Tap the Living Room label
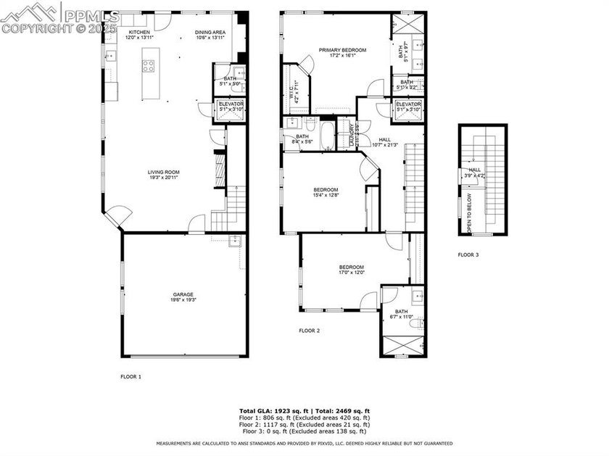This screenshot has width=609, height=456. click(x=163, y=174)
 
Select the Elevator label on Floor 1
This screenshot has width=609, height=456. click(x=231, y=106)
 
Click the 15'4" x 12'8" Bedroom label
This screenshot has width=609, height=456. click(x=326, y=192)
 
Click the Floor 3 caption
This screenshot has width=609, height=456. click(x=468, y=254)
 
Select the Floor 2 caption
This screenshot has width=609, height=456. click(x=310, y=331)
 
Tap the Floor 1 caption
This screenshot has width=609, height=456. click(x=130, y=377)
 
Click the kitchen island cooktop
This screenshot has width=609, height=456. click(x=149, y=65)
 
